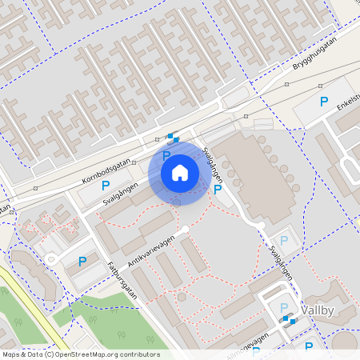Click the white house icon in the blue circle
point(180,172)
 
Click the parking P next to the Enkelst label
point(324,102)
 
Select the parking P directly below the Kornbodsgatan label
point(106,186)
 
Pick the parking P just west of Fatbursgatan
point(82,261)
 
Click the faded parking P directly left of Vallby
point(282,308)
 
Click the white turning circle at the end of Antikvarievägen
point(186,230)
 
